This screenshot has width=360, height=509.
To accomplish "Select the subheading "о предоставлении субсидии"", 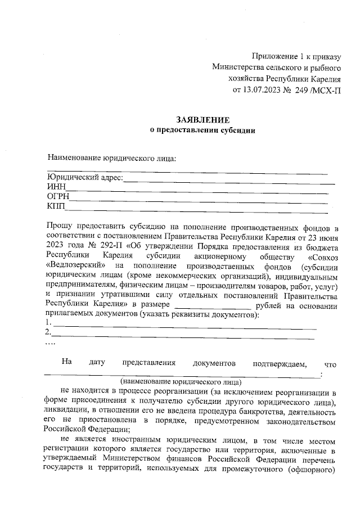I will [202, 130].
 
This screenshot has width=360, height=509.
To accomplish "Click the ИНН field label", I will [56, 187].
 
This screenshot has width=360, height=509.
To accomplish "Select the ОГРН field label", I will [58, 197].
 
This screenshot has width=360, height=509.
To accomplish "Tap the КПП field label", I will [56, 207].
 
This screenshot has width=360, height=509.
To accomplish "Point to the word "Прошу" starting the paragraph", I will [60, 227].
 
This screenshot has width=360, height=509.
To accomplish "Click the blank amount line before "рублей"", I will [213, 307].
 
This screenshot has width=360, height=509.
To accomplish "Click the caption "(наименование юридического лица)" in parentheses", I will [177, 381].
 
